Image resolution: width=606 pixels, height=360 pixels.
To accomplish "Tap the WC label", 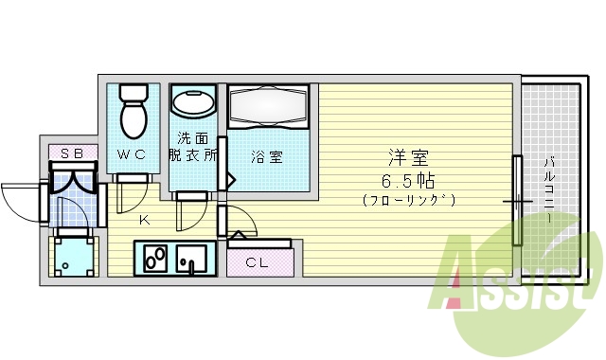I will click(132, 154).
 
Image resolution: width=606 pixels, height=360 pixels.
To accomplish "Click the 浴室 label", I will click(266, 158).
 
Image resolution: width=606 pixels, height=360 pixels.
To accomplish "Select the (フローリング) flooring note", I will click(409, 200).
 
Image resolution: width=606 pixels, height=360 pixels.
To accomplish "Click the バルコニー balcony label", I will click(549, 189).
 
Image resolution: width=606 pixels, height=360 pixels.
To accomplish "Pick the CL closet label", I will click(257, 262).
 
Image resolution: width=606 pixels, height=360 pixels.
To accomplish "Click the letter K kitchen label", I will click(144, 222).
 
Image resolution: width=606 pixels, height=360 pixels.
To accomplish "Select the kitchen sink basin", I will click(192, 257).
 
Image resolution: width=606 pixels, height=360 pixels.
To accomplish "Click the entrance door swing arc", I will click(19, 199).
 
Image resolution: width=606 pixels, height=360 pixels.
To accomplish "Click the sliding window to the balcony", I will click(517, 200).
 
